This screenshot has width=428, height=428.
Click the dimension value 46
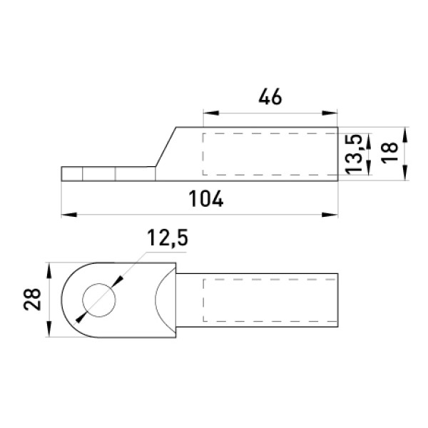point(270,97)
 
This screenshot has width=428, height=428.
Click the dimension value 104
point(206,199)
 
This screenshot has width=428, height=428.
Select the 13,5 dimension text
point(354,154)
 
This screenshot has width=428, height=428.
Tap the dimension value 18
point(389,153)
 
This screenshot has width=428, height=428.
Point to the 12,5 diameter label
point(168,238)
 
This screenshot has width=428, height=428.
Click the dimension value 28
point(32,300)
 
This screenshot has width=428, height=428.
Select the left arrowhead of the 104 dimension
point(69,215)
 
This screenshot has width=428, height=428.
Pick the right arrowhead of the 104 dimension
point(330,215)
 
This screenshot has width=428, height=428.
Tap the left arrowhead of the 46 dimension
point(211,113)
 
